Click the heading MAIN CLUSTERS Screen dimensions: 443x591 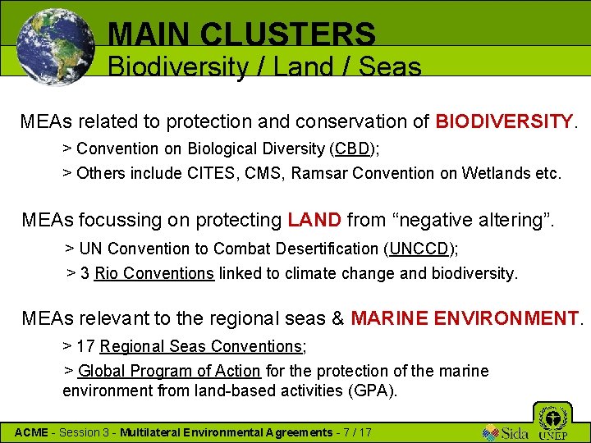(241, 34)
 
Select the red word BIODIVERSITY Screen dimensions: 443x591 (504, 122)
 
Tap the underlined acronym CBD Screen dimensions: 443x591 (352, 149)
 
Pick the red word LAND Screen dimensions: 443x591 (314, 221)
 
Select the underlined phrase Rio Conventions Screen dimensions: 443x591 (154, 273)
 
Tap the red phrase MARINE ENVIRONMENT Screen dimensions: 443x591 (465, 317)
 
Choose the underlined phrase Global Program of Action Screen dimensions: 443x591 (169, 372)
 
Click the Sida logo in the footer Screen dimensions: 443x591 (502, 432)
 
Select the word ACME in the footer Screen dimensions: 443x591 (32, 432)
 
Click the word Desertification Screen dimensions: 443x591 (324, 249)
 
